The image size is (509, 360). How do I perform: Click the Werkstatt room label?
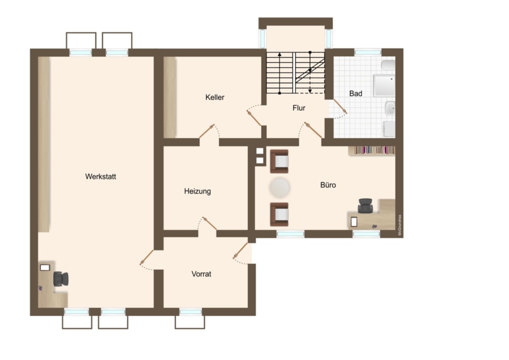(x=101, y=177)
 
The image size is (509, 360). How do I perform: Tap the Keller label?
(x=215, y=97)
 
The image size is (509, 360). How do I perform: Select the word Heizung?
(x=197, y=191)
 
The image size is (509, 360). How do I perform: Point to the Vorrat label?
(x=201, y=274)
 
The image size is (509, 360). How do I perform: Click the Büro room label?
(x=328, y=185)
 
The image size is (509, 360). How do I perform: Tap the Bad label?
(x=356, y=93)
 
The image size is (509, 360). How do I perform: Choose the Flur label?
(x=299, y=108)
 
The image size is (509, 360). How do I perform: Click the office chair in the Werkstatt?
(x=61, y=279)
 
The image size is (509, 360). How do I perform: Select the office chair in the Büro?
(x=365, y=205)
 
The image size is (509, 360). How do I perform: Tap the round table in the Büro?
(x=279, y=187)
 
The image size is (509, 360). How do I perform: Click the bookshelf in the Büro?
(x=372, y=151)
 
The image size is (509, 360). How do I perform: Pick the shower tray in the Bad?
(x=384, y=86)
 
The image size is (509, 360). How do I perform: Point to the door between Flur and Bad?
(x=340, y=106)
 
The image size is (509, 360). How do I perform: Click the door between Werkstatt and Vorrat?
(x=146, y=258)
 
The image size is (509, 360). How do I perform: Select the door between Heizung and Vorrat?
(x=209, y=223)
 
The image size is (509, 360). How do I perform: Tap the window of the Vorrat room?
(x=191, y=312)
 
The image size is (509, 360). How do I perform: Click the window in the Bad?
(x=368, y=52)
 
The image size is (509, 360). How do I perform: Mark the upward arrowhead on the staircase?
(x=279, y=54)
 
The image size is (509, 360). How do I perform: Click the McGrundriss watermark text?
(x=400, y=225)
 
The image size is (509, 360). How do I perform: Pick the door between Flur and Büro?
(x=313, y=130)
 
